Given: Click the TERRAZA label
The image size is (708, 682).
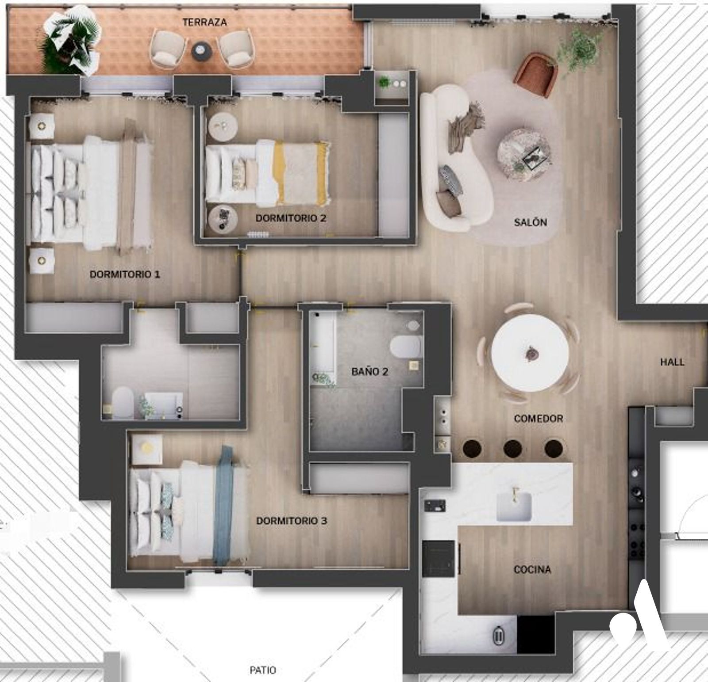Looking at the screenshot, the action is click(x=204, y=22).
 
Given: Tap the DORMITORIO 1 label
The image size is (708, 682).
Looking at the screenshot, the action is click(x=125, y=274).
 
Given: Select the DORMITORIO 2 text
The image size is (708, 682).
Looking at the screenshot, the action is click(x=292, y=218).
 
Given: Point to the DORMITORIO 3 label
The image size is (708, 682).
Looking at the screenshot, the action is click(x=292, y=521).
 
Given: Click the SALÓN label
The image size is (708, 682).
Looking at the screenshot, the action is click(x=531, y=222).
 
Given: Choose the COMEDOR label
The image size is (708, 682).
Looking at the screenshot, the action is click(x=539, y=419).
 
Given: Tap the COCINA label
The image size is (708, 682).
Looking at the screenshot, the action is click(x=532, y=570).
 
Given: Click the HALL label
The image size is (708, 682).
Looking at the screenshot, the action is click(x=672, y=362).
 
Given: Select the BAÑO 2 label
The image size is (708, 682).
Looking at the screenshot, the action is click(x=369, y=372).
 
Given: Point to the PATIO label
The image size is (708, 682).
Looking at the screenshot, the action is click(x=263, y=670).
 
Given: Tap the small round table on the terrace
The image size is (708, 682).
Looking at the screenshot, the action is click(x=202, y=50).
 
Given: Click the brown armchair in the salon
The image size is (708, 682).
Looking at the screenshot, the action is click(x=536, y=72).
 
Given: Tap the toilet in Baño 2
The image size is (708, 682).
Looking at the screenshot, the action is click(x=404, y=346).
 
